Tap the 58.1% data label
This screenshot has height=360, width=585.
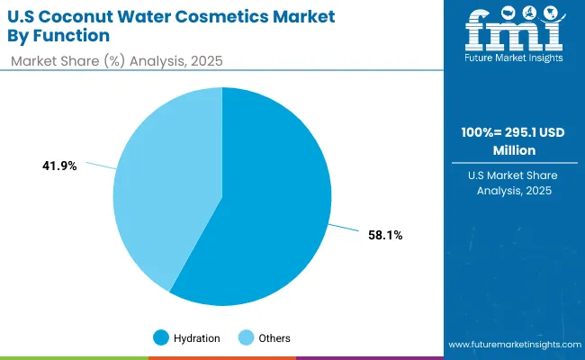[x=384, y=235]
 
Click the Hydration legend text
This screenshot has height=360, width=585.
[x=197, y=337]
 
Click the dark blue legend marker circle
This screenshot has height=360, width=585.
[x=162, y=337]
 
